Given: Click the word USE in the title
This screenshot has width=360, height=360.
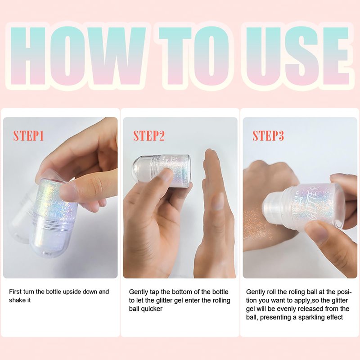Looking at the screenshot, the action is (x=298, y=56).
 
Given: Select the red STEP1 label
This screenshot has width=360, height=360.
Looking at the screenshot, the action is (x=28, y=135).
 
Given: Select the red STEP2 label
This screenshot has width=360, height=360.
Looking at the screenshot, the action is (x=149, y=135).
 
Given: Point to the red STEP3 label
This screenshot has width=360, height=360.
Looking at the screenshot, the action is (x=268, y=135).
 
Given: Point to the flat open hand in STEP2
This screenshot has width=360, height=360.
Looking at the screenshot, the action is (x=215, y=213).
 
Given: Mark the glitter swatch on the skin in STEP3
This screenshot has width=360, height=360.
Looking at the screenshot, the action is (x=256, y=224).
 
